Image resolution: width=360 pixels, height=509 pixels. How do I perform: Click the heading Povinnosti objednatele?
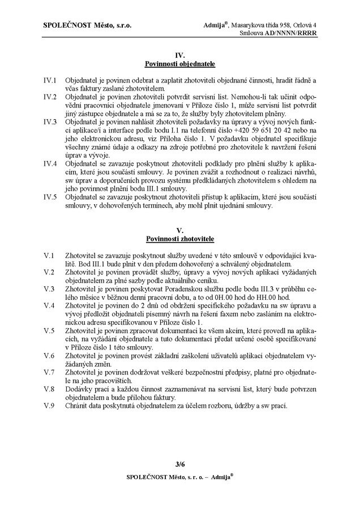click(x=180, y=65)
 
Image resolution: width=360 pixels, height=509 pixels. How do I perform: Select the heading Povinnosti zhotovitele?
click(x=180, y=240)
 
